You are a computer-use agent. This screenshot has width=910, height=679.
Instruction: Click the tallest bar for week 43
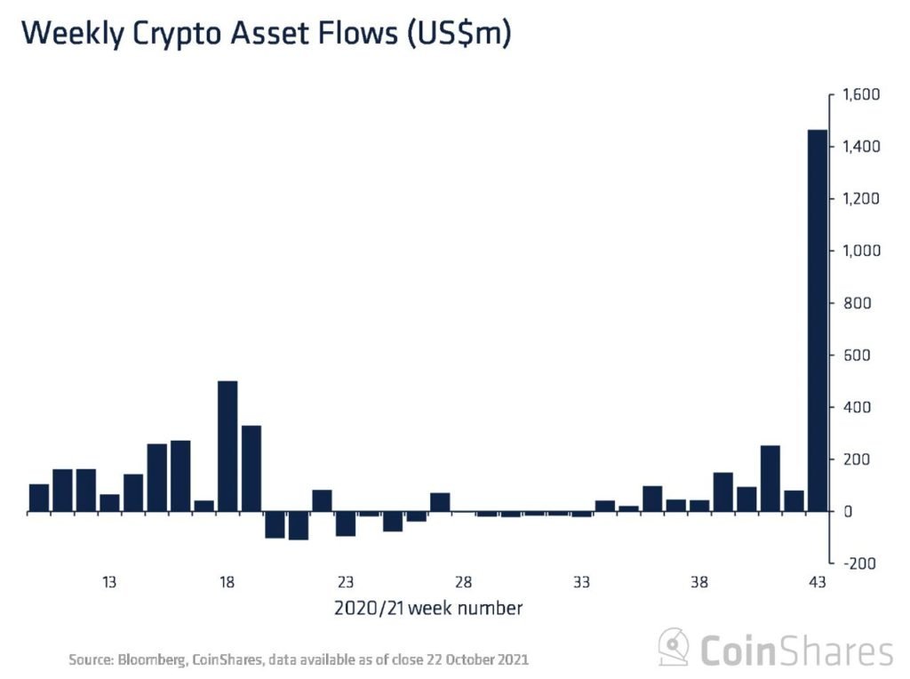[817, 320]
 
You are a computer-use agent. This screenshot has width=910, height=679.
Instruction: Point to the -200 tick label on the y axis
[858, 563]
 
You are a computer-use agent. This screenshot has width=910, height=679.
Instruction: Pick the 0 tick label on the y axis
[849, 512]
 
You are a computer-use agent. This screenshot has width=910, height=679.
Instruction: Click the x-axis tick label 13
[109, 583]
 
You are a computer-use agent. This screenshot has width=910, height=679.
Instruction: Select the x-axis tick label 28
[463, 583]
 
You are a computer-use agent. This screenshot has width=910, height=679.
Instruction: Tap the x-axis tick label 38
[699, 583]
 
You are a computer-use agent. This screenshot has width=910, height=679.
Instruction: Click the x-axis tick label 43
[817, 583]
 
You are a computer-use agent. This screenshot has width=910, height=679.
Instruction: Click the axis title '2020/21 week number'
[427, 609]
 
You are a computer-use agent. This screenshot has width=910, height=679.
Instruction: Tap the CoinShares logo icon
[674, 648]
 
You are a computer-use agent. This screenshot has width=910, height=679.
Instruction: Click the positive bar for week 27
[440, 502]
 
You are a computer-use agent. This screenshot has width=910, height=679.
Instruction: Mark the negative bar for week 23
[346, 523]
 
